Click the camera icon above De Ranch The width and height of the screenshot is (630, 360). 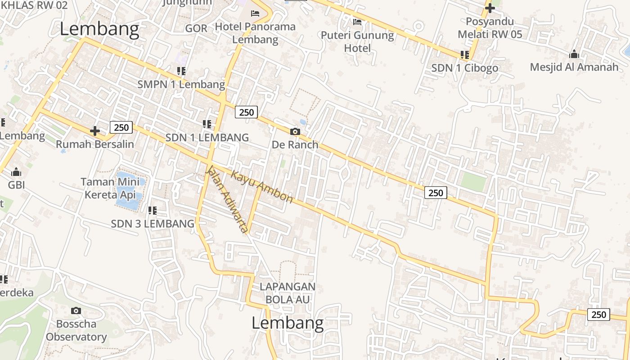[295, 131]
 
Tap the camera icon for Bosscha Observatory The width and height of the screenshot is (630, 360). [76, 310]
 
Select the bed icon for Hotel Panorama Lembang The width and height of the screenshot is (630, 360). [255, 13]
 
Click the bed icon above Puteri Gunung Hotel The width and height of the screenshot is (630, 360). [357, 22]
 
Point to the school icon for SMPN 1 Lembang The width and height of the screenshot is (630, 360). [181, 71]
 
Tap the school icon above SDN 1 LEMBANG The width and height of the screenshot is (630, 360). [207, 124]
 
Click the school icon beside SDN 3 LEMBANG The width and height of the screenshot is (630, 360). [153, 210]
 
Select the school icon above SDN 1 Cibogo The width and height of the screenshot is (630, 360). [465, 55]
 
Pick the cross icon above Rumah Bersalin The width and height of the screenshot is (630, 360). [95, 131]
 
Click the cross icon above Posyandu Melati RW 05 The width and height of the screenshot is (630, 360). [490, 8]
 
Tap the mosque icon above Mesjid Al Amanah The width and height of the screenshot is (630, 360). [574, 54]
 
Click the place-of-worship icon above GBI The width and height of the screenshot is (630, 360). [16, 172]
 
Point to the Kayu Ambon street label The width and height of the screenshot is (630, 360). [262, 186]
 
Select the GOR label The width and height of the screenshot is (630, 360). [196, 28]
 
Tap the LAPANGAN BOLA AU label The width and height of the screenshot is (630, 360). [288, 293]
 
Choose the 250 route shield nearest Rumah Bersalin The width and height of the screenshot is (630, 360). [121, 127]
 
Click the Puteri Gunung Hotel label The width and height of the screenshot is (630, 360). [357, 41]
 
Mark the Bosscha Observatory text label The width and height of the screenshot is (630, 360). [76, 330]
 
